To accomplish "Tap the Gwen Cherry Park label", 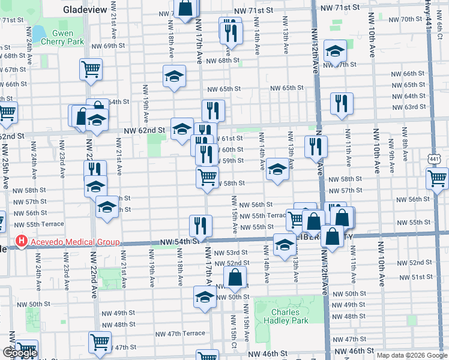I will pyautogui.click(x=62, y=37).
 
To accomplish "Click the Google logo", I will pyautogui.click(x=20, y=353).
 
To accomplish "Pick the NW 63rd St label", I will pyautogui.click(x=414, y=107).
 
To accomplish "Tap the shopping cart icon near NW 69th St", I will pyautogui.click(x=91, y=68).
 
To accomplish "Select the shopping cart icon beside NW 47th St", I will pyautogui.click(x=100, y=341).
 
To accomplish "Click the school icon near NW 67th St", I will pyautogui.click(x=335, y=51).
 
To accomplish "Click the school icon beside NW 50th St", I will pyautogui.click(x=205, y=296).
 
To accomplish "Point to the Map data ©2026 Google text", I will pyautogui.click(x=412, y=355).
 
